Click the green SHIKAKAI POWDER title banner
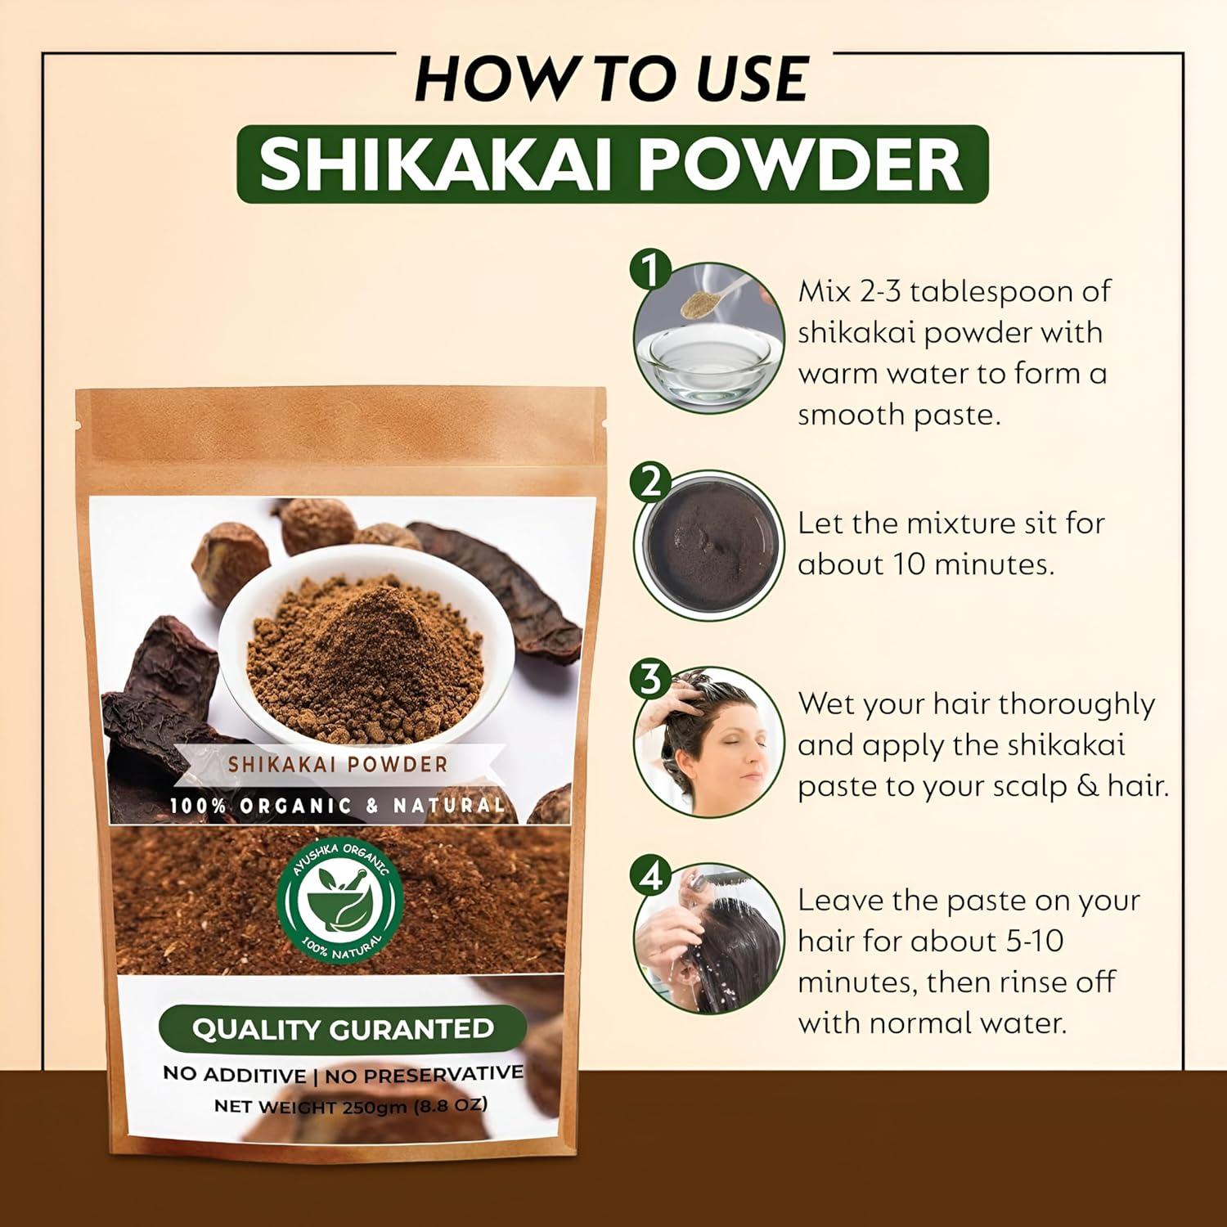pos(612,164)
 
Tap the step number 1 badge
pos(650,270)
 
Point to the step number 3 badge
pos(650,679)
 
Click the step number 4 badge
pos(650,877)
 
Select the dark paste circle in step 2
pos(708,545)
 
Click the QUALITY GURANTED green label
pos(342,1028)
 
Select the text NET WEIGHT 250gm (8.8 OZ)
pos(350,1105)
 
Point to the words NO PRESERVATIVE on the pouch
pos(424,1074)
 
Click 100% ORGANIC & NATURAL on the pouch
pos(337,805)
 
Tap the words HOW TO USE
pos(611,79)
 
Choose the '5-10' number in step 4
pos(1032,941)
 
